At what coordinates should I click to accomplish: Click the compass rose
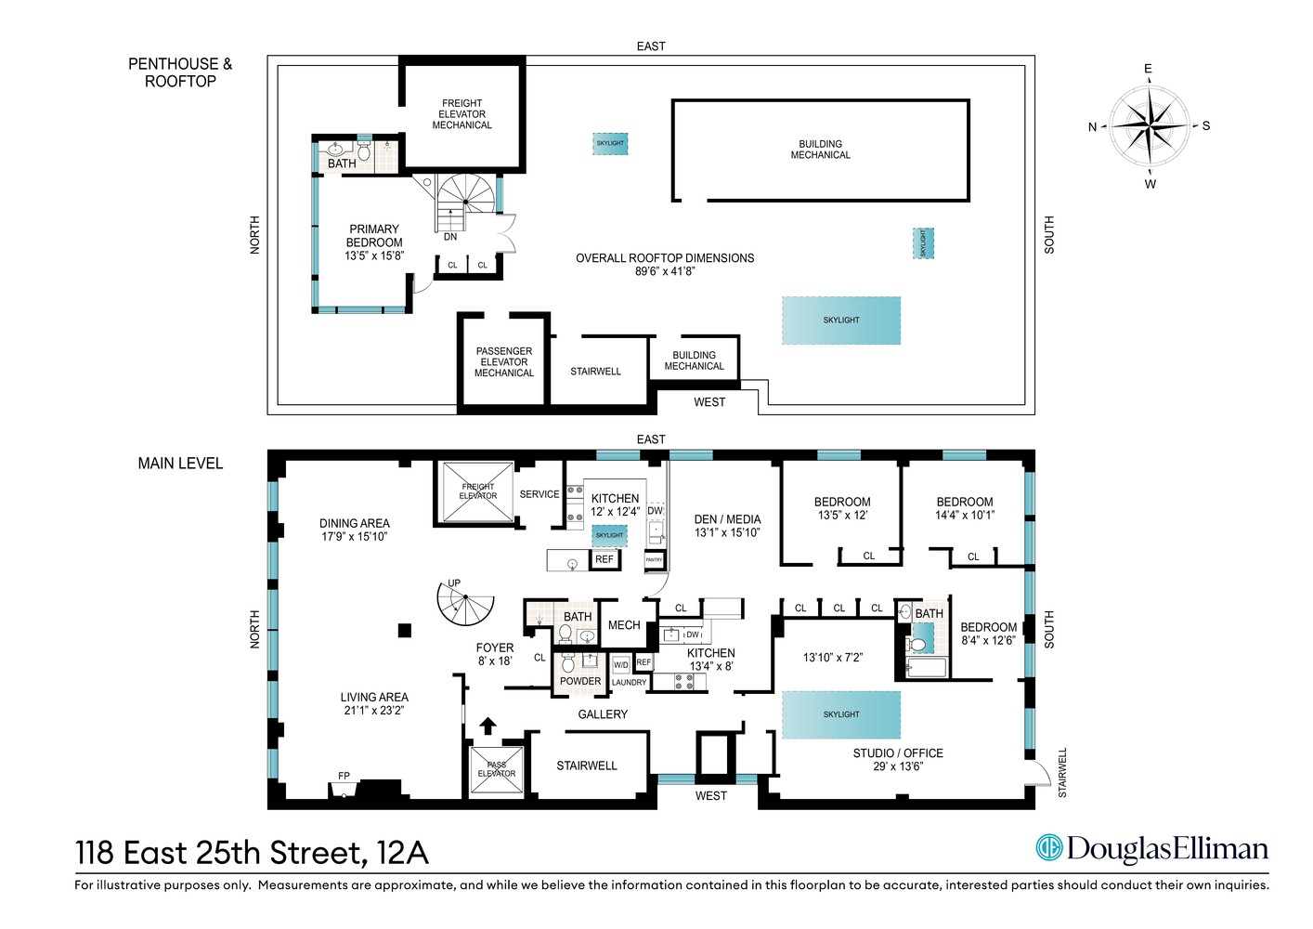point(1150,125)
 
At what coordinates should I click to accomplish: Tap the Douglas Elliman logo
point(1151,848)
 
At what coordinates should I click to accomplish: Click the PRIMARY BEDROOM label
point(374,242)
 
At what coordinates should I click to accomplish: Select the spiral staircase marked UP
point(465,605)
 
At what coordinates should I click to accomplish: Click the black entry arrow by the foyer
point(487,726)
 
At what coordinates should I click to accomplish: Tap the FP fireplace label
point(344,776)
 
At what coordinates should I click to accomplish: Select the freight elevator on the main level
point(477,491)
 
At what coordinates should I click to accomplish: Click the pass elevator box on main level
point(497,770)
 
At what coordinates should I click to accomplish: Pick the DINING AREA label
point(355,530)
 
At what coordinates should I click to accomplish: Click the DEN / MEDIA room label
point(727,526)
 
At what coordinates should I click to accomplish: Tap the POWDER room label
point(580,681)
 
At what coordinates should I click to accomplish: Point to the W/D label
point(621,665)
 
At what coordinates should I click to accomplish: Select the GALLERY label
point(603,714)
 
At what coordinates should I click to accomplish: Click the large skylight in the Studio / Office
point(841,714)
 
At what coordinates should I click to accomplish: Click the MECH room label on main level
point(624,625)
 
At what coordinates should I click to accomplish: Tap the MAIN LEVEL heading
point(180,464)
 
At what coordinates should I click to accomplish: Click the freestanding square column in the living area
point(404,631)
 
